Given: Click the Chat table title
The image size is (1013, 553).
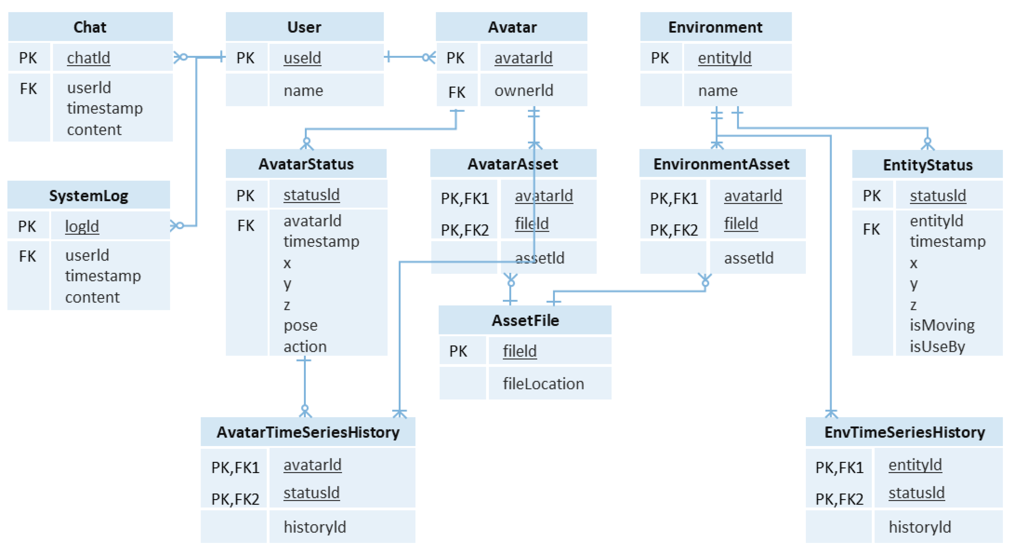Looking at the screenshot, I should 90,27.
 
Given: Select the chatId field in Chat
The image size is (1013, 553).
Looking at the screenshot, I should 89,58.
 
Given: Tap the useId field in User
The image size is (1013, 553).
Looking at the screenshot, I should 302,58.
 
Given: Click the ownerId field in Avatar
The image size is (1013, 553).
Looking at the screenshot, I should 523,90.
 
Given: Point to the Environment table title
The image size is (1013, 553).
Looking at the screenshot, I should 715,27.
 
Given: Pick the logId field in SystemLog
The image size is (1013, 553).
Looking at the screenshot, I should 82,226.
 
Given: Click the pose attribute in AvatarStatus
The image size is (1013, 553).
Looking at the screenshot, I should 301,325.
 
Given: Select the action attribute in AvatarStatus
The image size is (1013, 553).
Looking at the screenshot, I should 305,346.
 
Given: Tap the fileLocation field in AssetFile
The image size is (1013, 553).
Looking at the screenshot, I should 543,383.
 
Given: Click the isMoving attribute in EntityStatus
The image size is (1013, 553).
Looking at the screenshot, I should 942,325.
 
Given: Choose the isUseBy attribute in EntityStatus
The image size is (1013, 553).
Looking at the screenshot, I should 937,346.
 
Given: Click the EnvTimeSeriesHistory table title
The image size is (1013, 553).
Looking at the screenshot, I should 905,432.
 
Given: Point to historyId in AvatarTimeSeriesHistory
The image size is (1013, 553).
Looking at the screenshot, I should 315,527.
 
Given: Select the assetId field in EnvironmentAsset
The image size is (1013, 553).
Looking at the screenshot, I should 748,258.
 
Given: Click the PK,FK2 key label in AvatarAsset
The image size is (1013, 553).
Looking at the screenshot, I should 465,230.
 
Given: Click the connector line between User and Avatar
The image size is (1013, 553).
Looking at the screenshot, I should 409,57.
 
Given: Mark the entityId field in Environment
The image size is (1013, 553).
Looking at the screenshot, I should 724,58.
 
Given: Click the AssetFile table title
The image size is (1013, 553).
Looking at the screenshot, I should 525,321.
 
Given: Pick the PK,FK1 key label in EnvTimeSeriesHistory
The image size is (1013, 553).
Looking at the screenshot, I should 839,468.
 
